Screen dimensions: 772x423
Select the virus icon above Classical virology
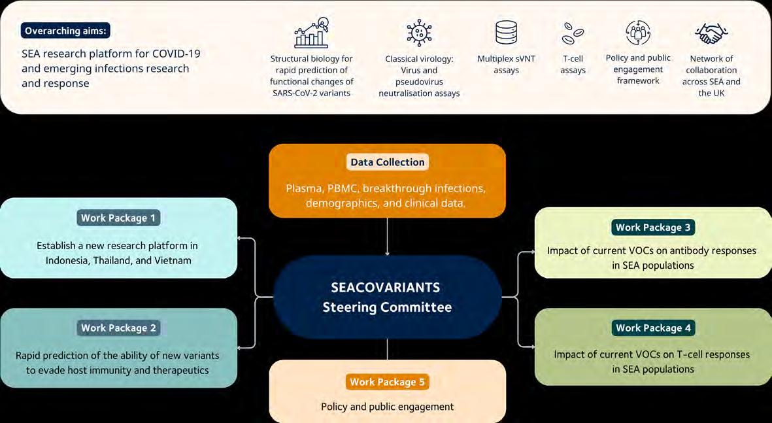pyautogui.click(x=419, y=33)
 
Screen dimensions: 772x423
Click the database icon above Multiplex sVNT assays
pyautogui.click(x=506, y=32)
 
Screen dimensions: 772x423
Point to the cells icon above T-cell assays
pyautogui.click(x=573, y=33)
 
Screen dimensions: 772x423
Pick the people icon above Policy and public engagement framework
pyautogui.click(x=638, y=33)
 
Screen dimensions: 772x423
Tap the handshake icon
pyautogui.click(x=711, y=33)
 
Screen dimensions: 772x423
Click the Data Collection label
pyautogui.click(x=388, y=162)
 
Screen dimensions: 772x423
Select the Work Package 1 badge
pyautogui.click(x=118, y=218)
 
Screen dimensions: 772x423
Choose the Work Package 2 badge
pyautogui.click(x=118, y=328)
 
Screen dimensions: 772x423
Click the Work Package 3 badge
pyautogui.click(x=653, y=227)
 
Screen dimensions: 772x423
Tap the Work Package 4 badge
pyautogui.click(x=653, y=328)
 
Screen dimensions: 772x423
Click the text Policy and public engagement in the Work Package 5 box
pyautogui.click(x=387, y=407)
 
